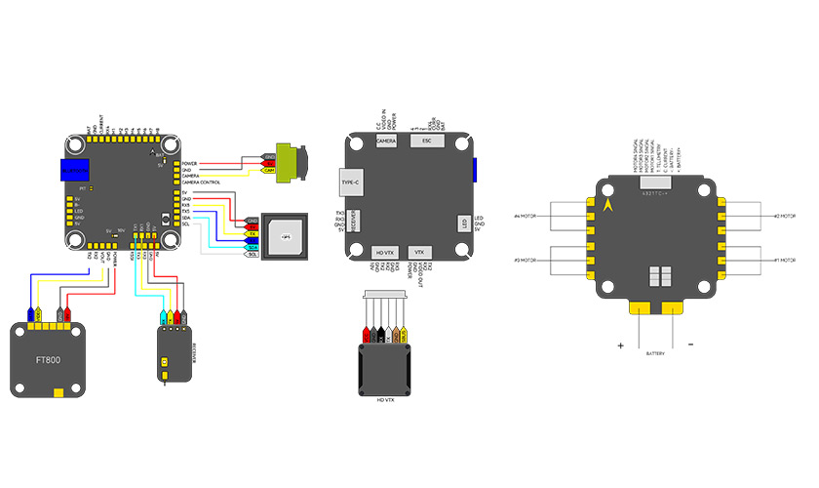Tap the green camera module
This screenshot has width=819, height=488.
291,163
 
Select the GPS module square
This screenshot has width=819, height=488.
286,236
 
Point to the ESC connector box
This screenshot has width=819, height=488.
423,142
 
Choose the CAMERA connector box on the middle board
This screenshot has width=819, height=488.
386,142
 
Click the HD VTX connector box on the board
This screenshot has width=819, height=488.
386,253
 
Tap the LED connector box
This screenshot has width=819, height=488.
465,224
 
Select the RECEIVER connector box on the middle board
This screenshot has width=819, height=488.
354,223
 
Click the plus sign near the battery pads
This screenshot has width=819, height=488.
619,345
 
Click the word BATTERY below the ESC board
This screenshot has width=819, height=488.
655,352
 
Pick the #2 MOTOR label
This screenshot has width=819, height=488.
786,216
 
